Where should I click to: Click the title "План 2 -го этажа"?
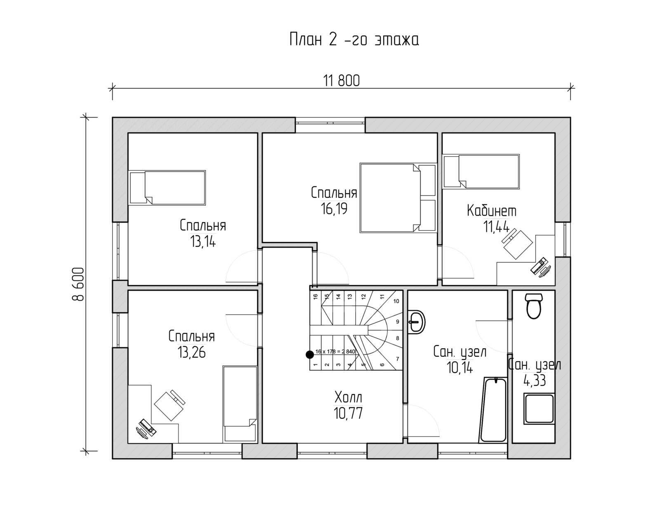(354, 40)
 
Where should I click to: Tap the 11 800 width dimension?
(342, 81)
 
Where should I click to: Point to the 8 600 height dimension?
(78, 284)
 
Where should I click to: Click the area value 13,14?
(203, 242)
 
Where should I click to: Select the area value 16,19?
(334, 209)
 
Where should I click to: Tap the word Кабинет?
(491, 211)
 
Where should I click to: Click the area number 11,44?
(496, 226)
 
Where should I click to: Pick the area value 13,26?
(192, 352)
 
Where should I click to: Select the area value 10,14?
(460, 368)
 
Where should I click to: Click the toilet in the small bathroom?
(534, 306)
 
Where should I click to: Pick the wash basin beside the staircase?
(416, 322)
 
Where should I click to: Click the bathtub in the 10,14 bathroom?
(493, 409)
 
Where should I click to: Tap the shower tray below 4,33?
(539, 409)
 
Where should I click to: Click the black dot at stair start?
(309, 354)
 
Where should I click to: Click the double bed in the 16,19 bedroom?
(398, 198)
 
